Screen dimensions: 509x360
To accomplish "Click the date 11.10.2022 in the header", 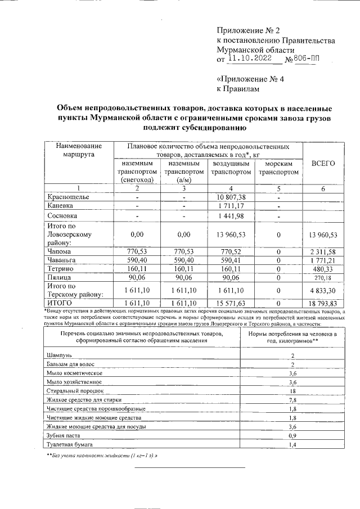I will tap(249, 58).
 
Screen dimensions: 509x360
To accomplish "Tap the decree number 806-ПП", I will tap(309, 58).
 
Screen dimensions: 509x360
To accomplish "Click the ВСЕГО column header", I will tap(323, 163).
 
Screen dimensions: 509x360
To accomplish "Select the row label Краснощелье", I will tap(68, 197).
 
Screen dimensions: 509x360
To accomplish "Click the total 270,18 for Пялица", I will tap(324, 278).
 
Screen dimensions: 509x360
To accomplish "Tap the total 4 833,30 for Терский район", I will tap(323, 291).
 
